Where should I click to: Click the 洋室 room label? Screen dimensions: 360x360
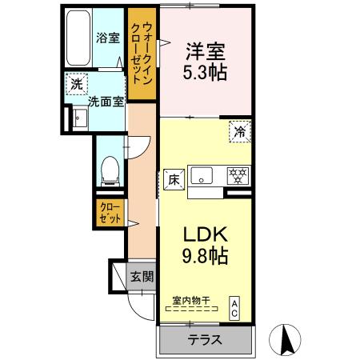pyautogui.click(x=206, y=50)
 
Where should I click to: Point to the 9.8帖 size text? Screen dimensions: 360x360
pyautogui.click(x=207, y=257)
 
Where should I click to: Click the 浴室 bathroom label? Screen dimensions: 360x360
pyautogui.click(x=107, y=37)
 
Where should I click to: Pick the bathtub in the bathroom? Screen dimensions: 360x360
pyautogui.click(x=79, y=39)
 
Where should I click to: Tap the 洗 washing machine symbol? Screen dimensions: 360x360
pyautogui.click(x=75, y=84)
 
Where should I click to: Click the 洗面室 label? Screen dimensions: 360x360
pyautogui.click(x=103, y=101)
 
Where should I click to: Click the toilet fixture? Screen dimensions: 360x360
pyautogui.click(x=111, y=169)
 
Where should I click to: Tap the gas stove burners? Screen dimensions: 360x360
pyautogui.click(x=236, y=174)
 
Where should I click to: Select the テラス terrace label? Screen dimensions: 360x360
pyautogui.click(x=206, y=339)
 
